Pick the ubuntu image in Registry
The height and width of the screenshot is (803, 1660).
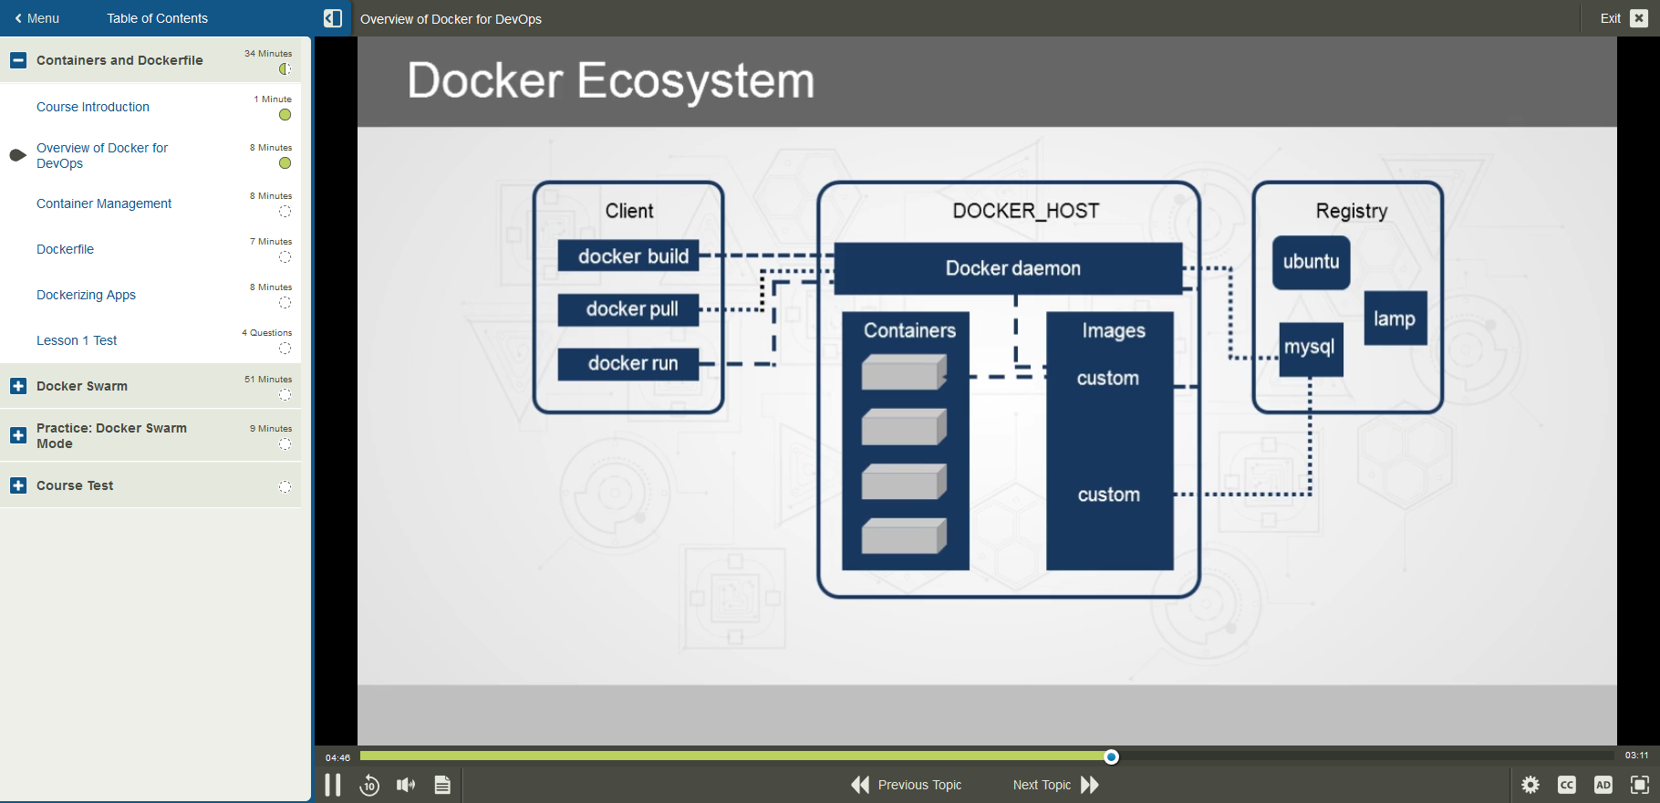pyautogui.click(x=1311, y=262)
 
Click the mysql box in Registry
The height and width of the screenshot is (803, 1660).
pyautogui.click(x=1310, y=348)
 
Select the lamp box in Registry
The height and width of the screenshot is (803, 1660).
pyautogui.click(x=1395, y=318)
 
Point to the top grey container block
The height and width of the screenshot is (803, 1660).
pyautogui.click(x=903, y=372)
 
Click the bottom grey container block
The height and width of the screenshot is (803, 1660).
pyautogui.click(x=903, y=536)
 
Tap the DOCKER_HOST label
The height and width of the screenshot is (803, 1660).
pyautogui.click(x=1025, y=211)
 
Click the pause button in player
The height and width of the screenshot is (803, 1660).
pyautogui.click(x=333, y=785)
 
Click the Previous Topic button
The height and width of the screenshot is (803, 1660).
pyautogui.click(x=907, y=785)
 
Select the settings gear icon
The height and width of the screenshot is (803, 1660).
pyautogui.click(x=1530, y=785)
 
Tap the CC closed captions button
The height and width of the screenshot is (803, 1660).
pyautogui.click(x=1567, y=785)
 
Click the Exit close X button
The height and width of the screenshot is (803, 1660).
pyautogui.click(x=1639, y=18)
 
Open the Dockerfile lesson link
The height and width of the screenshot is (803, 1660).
pyautogui.click(x=65, y=249)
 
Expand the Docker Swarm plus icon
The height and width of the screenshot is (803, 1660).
pyautogui.click(x=18, y=386)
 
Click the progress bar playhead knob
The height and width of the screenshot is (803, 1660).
pyautogui.click(x=1111, y=756)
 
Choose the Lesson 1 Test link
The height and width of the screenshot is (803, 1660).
pyautogui.click(x=77, y=340)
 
